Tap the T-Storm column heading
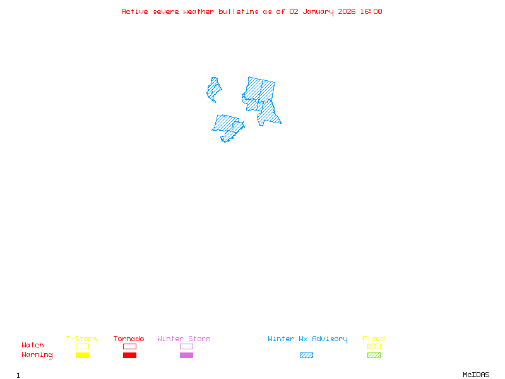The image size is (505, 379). coord(81,339)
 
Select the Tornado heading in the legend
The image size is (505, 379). coord(129,339)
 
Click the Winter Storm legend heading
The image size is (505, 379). coord(184,339)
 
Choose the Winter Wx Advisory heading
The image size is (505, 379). coord(307,339)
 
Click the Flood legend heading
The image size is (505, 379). coord(374,339)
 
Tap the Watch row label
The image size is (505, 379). coord(33,346)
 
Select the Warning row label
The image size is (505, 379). coord(37,355)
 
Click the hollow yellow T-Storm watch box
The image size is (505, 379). coord(82,346)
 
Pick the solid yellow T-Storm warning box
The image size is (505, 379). coord(82,356)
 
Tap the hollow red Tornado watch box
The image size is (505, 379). coord(129,346)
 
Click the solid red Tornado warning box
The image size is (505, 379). coord(129,356)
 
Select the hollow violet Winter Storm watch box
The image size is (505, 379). coord(186,346)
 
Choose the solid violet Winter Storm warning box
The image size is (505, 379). coord(186,356)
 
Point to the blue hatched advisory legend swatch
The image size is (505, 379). coord(306,356)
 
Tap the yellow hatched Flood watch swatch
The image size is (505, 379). coord(374,346)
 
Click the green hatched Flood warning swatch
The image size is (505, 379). coord(374,356)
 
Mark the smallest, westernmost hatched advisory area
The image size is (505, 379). coord(214,90)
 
